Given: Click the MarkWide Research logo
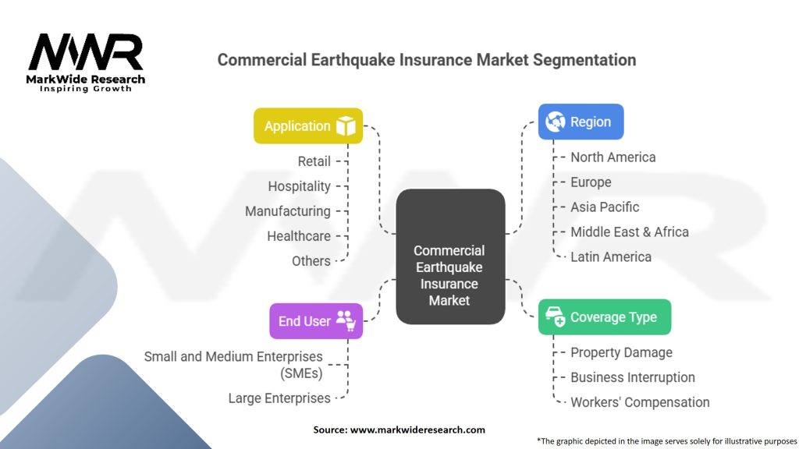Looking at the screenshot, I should coord(87,62).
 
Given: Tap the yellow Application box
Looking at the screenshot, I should coord(308,126).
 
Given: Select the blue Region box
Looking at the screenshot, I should coord(581,122).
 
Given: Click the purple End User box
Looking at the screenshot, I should coord(316,320).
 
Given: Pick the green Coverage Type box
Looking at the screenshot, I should coord(604,317).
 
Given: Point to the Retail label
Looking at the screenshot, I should coord(314,161).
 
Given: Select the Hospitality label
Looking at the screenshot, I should coord(299,186).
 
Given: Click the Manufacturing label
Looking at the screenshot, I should coord(287,211).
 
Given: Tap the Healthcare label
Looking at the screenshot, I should coord(298,236).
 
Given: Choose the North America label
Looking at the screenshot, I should coord(613,157).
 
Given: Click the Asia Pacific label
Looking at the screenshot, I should coord(604,207).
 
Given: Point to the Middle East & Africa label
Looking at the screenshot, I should coord(629,232).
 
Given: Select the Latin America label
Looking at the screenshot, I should coord(610,257).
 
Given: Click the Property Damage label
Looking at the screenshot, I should coord(621,352).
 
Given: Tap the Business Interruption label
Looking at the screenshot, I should coord(632,377).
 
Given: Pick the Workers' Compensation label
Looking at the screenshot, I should coord(640,402).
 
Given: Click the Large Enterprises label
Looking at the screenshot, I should coord(279,398).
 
